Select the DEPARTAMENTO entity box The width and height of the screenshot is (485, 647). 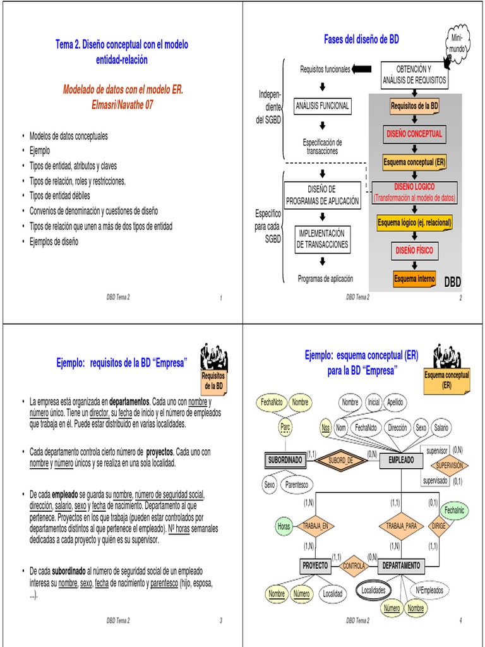[402, 565]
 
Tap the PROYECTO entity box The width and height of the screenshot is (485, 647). [314, 565]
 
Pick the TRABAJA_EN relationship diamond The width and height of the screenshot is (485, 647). [315, 525]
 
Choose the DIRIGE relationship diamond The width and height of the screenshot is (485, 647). [438, 525]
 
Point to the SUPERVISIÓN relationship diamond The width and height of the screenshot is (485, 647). [449, 465]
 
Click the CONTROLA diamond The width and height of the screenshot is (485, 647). [354, 566]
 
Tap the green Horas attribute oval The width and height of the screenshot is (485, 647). [284, 525]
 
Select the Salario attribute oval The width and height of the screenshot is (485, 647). [441, 428]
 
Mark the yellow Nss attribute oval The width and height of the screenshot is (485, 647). [326, 428]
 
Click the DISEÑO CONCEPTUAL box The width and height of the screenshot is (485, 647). [414, 134]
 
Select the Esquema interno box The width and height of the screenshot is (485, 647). [414, 279]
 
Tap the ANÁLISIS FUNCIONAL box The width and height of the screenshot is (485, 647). [322, 106]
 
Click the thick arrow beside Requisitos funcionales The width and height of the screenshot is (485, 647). [362, 69]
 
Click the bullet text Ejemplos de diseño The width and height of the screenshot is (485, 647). [54, 241]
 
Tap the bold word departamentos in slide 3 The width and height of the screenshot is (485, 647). [129, 402]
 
